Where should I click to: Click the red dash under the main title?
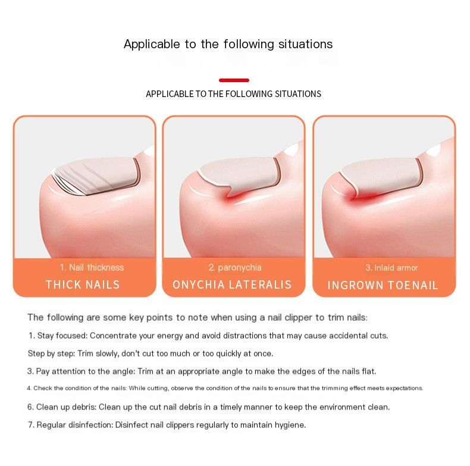234,80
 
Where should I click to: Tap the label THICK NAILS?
83,284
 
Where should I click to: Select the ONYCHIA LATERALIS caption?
232,284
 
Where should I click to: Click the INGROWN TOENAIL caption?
383,285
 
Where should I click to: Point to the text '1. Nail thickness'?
92,267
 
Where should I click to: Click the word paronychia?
240,267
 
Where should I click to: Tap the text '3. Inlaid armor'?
391,267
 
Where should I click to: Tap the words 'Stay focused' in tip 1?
62,336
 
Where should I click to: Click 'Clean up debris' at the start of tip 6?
65,407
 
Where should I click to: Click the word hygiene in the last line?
290,425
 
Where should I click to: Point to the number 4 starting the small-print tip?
29,388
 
